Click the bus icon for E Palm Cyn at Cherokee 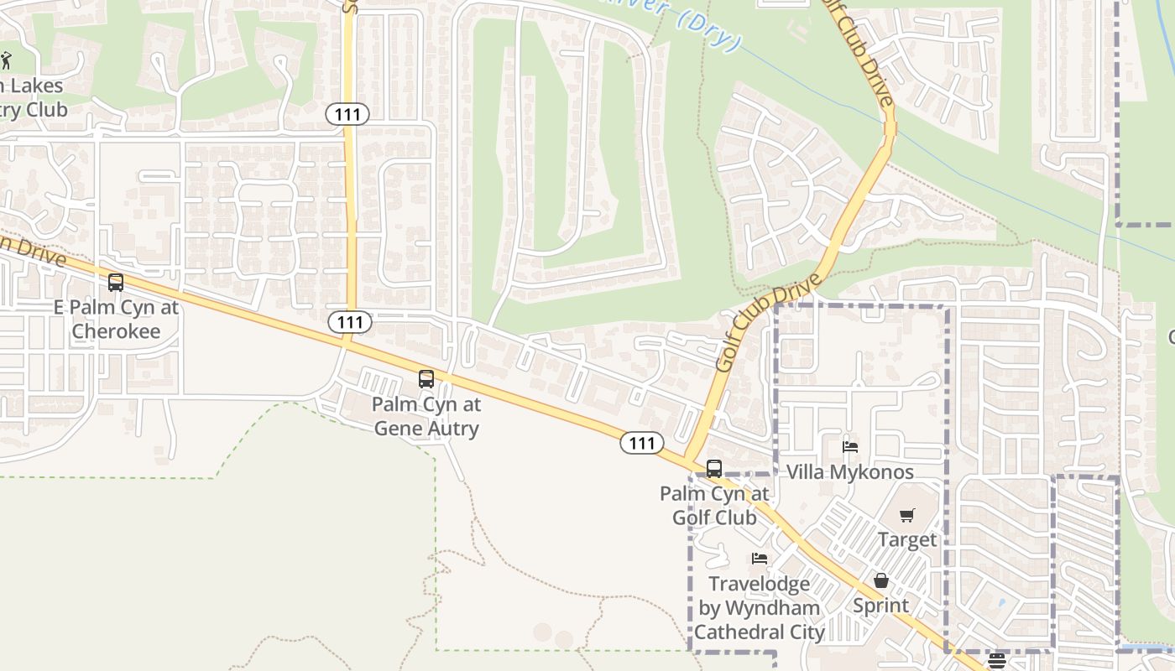[116, 283]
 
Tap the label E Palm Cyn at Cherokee [116, 319]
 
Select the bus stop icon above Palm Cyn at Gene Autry [426, 379]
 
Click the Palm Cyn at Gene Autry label [426, 416]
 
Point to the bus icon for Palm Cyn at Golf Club [714, 469]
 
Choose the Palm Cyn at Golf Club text [714, 506]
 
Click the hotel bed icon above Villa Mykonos [850, 447]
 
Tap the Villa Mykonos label [850, 472]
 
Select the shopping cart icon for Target [907, 515]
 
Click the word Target [907, 539]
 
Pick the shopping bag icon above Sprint [881, 580]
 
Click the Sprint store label [881, 605]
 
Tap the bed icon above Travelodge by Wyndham [760, 559]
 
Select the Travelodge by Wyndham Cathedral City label [760, 607]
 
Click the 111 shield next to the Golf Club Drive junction [642, 443]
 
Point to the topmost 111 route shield [348, 114]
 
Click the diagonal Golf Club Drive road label [767, 327]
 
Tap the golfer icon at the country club [7, 60]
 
